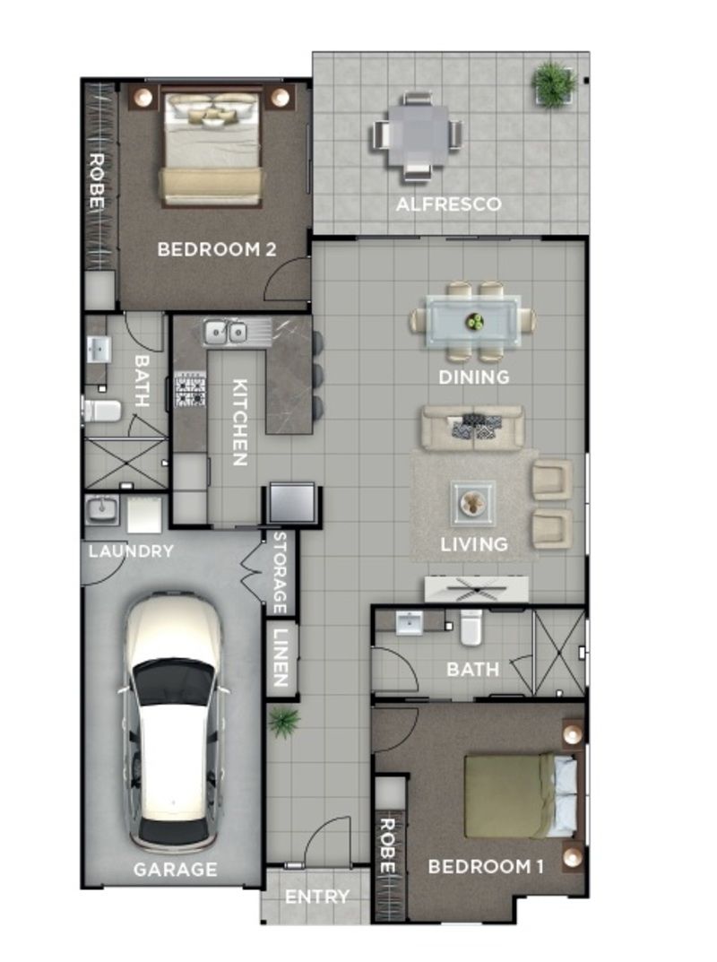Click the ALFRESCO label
pyautogui.click(x=448, y=204)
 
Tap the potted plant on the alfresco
pyautogui.click(x=553, y=84)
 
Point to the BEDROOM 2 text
pyautogui.click(x=216, y=249)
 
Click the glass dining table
pyautogui.click(x=473, y=321)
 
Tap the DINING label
pyautogui.click(x=473, y=377)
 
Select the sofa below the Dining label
pyautogui.click(x=473, y=428)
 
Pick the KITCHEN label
pyautogui.click(x=239, y=421)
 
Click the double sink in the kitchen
pyautogui.click(x=225, y=333)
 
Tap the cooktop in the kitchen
pyautogui.click(x=189, y=389)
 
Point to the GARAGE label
pyautogui.click(x=175, y=869)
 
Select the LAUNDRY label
pyautogui.click(x=130, y=551)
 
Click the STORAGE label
pyautogui.click(x=279, y=569)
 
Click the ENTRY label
pyautogui.click(x=316, y=897)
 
